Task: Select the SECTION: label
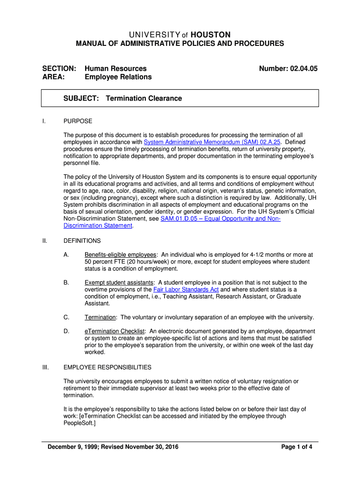point(59,68)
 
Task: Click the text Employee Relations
point(118,77)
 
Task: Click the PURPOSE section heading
point(78,121)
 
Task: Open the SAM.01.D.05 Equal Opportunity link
point(220,218)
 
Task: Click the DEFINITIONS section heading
point(82,240)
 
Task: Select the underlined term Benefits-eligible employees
point(120,255)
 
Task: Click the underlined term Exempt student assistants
point(119,283)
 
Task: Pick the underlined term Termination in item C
point(100,317)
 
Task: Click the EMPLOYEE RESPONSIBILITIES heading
point(107,367)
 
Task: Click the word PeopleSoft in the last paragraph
point(78,423)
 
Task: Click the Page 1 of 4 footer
point(296,447)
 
